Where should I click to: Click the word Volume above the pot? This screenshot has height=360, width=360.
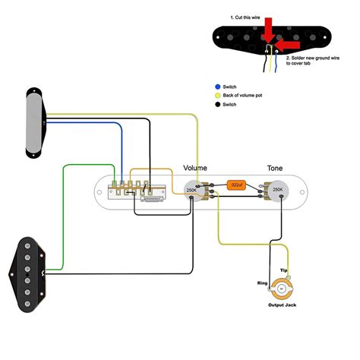click(x=195, y=167)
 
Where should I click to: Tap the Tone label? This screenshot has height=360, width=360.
click(x=276, y=167)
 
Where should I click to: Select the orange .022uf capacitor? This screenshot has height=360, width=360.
click(x=235, y=185)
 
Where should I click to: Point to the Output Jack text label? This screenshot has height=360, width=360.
click(x=283, y=306)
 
